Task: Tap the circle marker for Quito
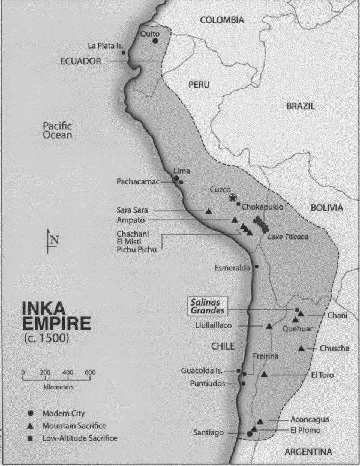pos(155,41)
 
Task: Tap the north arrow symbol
pos(50,240)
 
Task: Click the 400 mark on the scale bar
pos(67,372)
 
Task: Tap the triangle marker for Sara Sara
pos(208,211)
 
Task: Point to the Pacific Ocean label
pos(58,130)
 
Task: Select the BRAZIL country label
pos(301,106)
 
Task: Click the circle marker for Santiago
pos(250,433)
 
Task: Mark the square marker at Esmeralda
pos(257,266)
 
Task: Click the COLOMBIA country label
pos(222,20)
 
